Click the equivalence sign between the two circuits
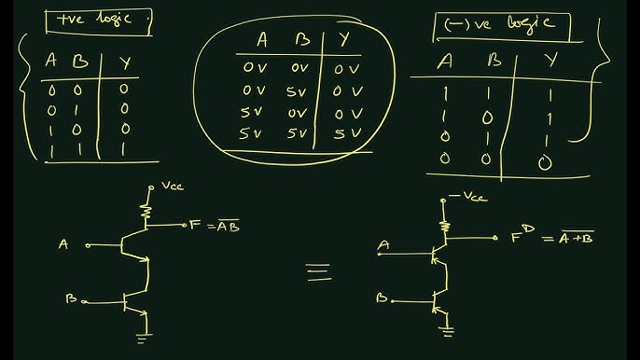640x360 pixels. point(318,270)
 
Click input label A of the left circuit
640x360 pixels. point(63,244)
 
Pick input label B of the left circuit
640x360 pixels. point(71,298)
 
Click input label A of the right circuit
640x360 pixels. point(383,246)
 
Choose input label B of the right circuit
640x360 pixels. point(381,298)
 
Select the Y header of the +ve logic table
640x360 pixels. point(124,63)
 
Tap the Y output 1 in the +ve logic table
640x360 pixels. point(124,148)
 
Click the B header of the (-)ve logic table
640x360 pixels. point(495,62)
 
